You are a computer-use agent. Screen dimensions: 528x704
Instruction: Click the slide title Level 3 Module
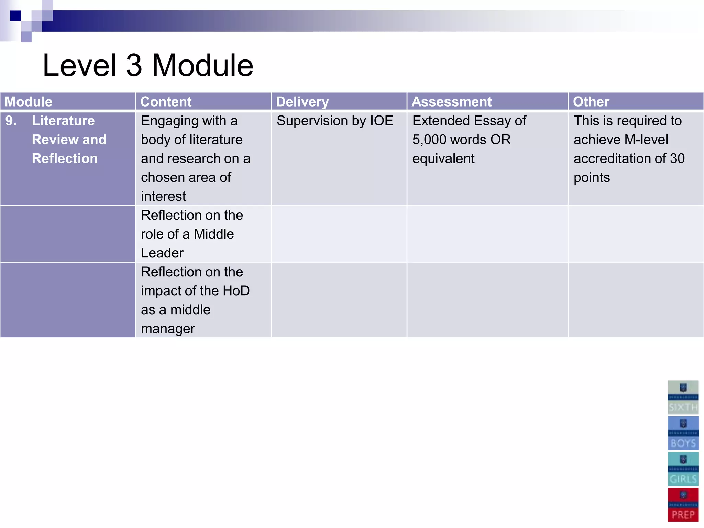click(148, 65)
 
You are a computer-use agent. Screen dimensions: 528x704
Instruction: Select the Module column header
click(29, 102)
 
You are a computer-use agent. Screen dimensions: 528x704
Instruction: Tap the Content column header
click(166, 102)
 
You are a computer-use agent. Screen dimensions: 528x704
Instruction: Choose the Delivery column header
click(302, 102)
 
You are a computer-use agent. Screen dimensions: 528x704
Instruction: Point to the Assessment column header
click(452, 102)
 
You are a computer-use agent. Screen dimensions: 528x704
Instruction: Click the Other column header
click(591, 102)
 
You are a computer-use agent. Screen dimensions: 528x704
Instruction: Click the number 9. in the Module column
click(11, 121)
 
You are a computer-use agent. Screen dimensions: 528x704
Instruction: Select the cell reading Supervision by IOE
click(335, 121)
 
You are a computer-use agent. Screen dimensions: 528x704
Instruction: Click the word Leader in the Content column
click(162, 253)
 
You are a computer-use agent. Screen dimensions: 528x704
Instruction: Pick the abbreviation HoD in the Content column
click(236, 291)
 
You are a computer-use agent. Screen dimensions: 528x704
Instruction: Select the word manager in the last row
click(168, 329)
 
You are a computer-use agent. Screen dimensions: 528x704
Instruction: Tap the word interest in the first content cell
click(163, 196)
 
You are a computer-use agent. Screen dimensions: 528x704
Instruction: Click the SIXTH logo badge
click(683, 397)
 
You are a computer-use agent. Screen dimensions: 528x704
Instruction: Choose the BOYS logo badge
click(683, 433)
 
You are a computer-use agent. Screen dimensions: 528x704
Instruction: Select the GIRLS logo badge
click(683, 469)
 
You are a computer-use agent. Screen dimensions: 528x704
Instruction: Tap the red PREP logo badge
click(683, 505)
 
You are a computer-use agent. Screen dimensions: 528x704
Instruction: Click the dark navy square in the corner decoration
click(15, 16)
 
